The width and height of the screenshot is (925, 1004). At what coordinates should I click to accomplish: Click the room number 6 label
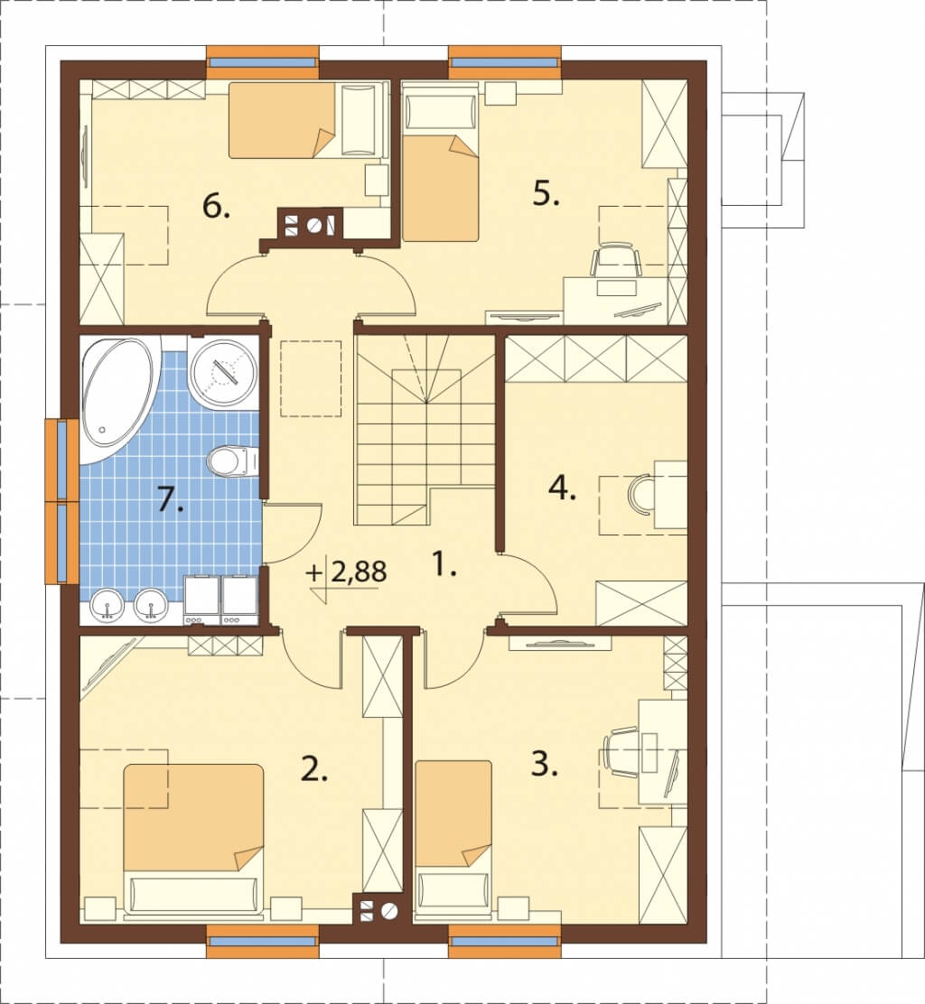[216, 207]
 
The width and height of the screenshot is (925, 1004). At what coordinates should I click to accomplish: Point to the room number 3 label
[544, 764]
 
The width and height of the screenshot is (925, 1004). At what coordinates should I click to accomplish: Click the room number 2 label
[313, 768]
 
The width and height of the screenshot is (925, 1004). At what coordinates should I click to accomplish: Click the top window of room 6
[263, 62]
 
